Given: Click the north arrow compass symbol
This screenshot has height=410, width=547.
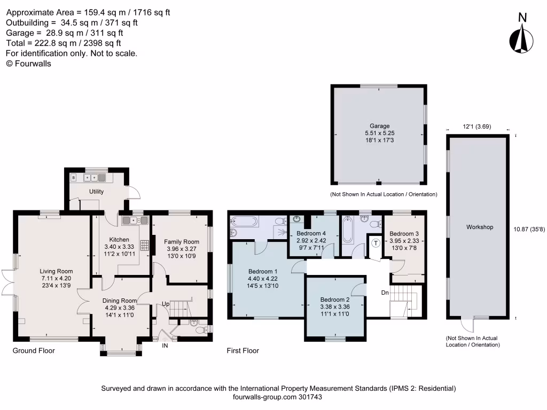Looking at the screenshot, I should click(522, 38).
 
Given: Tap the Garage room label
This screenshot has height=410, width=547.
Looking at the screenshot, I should click(380, 126).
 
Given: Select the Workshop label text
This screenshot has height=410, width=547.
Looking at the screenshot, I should click(479, 227).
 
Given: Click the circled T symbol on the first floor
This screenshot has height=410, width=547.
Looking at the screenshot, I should click(376, 243).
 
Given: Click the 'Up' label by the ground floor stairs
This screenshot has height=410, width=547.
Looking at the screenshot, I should click(167, 304).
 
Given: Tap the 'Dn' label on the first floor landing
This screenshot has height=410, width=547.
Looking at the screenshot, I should click(385, 293).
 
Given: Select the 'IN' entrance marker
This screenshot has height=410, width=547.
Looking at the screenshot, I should click(165, 346).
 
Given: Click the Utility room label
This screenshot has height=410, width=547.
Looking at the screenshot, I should click(97, 192).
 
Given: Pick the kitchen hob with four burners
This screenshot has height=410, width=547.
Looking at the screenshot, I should click(144, 245).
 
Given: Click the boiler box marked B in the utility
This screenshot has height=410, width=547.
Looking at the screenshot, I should click(73, 177).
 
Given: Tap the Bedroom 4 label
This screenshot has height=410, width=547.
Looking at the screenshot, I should click(311, 234).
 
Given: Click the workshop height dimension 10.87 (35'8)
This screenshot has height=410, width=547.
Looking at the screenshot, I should click(529, 229).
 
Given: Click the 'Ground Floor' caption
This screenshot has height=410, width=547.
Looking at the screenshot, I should click(34, 351).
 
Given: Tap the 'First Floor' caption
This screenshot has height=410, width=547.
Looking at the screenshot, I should click(243, 351).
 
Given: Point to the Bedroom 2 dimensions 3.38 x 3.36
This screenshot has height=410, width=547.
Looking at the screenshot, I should click(334, 307).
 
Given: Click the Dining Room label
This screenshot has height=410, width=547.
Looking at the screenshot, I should click(120, 301).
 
